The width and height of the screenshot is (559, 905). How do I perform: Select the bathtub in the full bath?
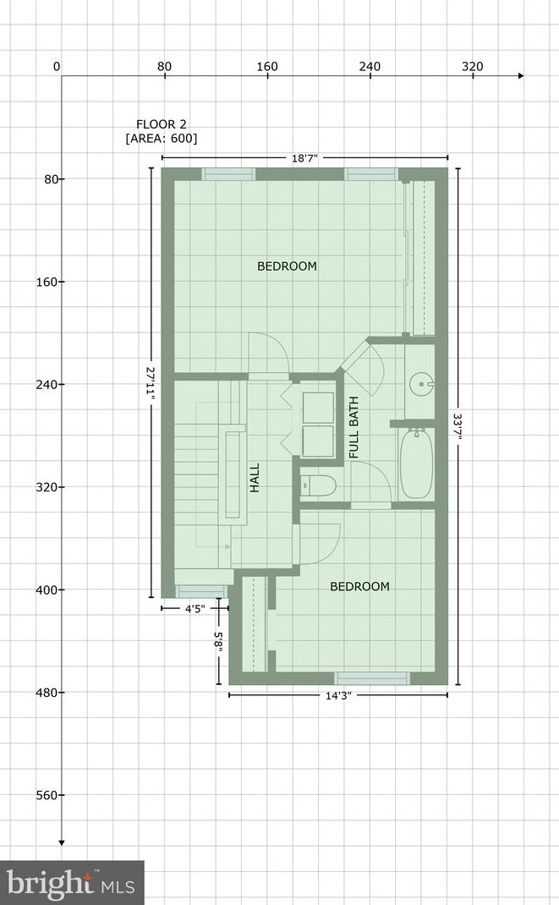[x=416, y=464]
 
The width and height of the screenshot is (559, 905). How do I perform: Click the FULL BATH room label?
[x=353, y=428]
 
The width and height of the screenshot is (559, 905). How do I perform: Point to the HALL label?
[x=255, y=477]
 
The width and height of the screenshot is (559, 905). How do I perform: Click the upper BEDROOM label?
[x=287, y=266]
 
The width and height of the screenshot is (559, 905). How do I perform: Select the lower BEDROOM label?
[x=359, y=587]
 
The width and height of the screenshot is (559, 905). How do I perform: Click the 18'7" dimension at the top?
[x=304, y=158]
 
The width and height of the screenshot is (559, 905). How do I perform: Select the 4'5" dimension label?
[x=194, y=606]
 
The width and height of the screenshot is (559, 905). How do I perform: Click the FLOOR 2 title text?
[x=162, y=123]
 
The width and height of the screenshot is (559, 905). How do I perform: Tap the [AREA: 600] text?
[x=162, y=138]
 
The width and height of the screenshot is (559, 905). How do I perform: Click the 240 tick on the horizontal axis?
[x=370, y=67]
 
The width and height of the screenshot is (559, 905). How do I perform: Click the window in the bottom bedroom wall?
[x=372, y=677]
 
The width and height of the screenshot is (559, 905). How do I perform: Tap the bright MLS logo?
[x=72, y=883]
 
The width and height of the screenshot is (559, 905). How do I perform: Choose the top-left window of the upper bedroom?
[x=228, y=174]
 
